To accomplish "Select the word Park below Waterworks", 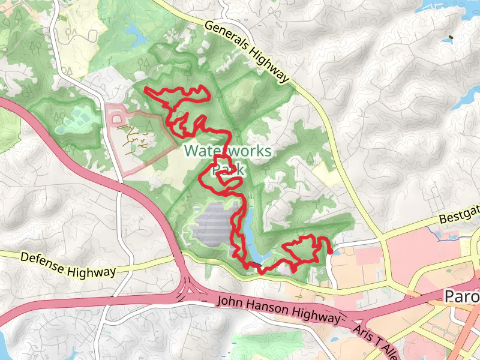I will pyautogui.click(x=229, y=170).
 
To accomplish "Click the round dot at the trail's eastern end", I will pyautogui.click(x=331, y=252).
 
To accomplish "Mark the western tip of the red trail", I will pyautogui.click(x=146, y=89).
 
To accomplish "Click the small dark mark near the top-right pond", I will pyautogui.click(x=451, y=38).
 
